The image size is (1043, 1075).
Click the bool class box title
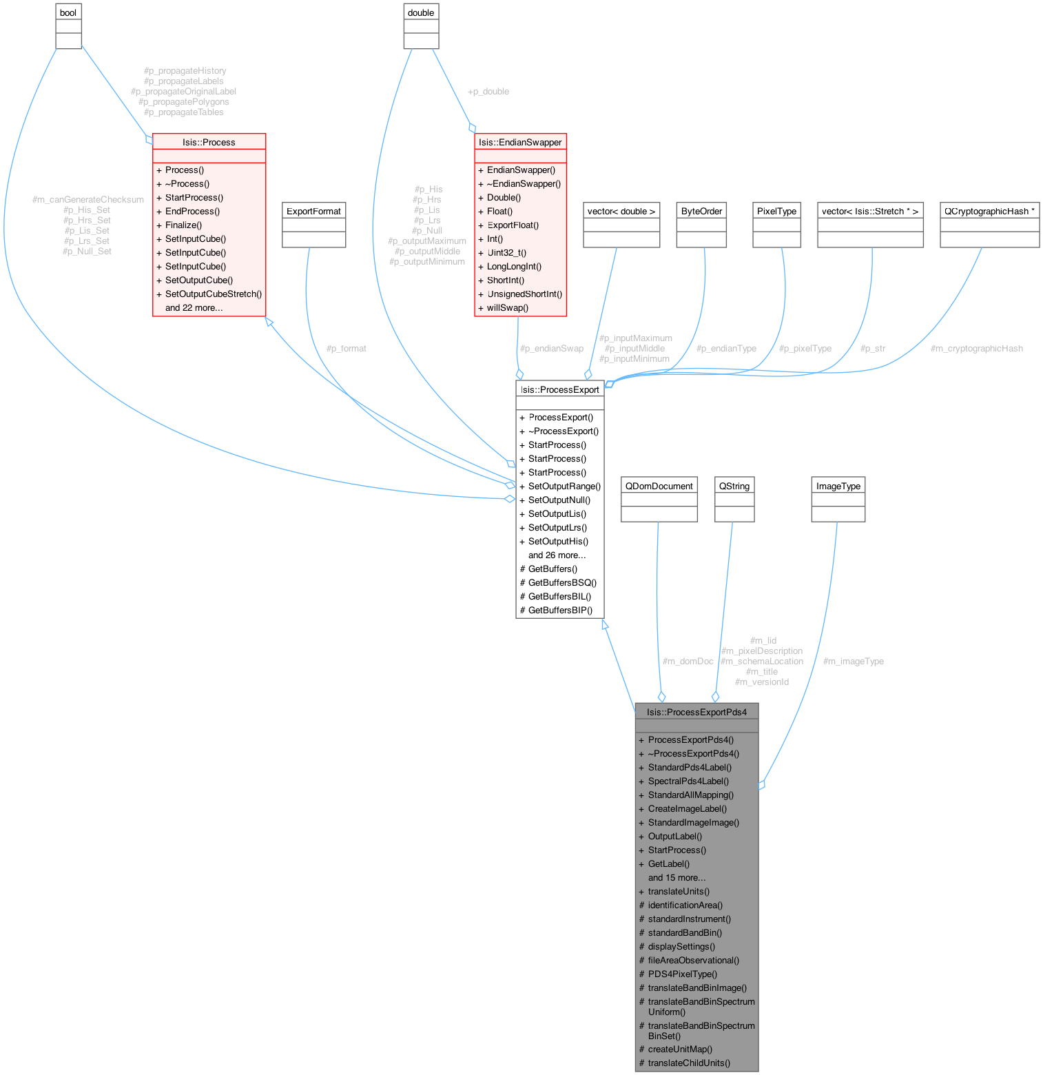click(68, 12)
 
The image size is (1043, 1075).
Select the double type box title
click(421, 12)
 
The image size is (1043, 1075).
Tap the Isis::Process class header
click(209, 142)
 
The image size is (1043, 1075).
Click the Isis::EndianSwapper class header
click(520, 142)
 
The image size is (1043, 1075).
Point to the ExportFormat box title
click(313, 211)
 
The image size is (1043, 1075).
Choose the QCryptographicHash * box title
click(989, 211)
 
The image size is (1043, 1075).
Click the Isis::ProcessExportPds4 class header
click(696, 712)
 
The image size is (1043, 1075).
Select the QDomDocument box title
click(659, 486)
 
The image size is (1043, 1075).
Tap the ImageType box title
click(838, 486)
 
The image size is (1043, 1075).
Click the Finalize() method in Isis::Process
click(183, 225)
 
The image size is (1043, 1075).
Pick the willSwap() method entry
click(507, 307)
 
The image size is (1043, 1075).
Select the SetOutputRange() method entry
click(564, 486)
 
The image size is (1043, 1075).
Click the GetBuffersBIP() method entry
click(560, 610)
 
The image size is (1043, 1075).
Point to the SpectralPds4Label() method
click(688, 781)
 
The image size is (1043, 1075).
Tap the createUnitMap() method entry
click(680, 1049)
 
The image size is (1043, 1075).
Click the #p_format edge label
click(346, 349)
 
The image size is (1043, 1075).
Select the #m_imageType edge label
click(853, 662)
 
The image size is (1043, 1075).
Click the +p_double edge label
click(488, 92)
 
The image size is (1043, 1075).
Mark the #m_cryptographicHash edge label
click(976, 349)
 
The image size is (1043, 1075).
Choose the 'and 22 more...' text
click(194, 307)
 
